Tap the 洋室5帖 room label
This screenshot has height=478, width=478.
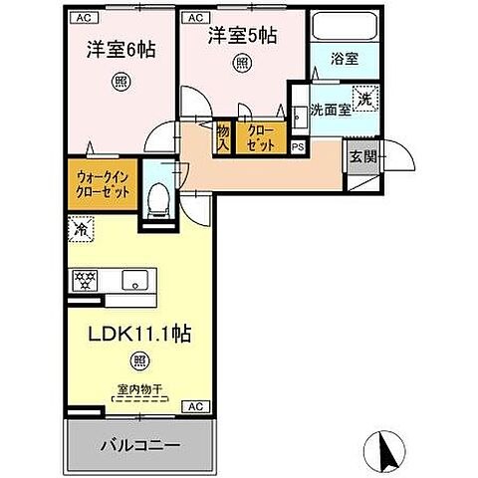point(242,36)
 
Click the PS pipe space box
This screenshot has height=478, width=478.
point(298,145)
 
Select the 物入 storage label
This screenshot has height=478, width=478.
point(223,137)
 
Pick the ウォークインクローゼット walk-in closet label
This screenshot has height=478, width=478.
point(104,185)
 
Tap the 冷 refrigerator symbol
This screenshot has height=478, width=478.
point(79,229)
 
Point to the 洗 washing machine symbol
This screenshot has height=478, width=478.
point(365,100)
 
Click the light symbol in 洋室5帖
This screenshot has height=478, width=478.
point(242,64)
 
